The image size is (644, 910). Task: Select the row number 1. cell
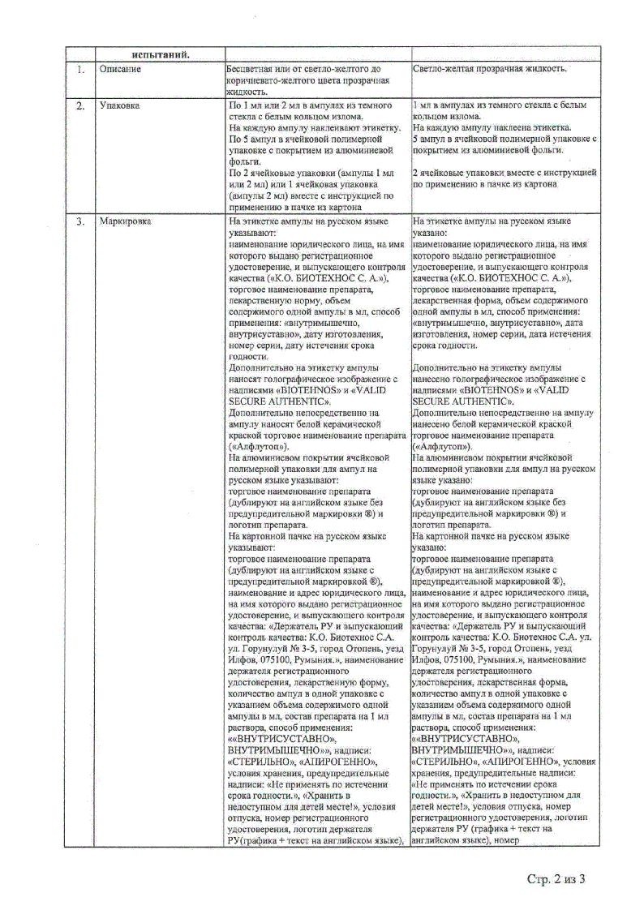click(80, 70)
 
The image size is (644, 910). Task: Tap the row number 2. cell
click(80, 106)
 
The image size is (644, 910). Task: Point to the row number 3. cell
click(80, 221)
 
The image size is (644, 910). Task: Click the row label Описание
click(120, 70)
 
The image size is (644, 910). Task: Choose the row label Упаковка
click(119, 106)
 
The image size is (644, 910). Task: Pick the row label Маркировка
click(125, 221)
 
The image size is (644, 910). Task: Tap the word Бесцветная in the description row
click(254, 70)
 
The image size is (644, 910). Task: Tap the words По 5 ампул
click(255, 140)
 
